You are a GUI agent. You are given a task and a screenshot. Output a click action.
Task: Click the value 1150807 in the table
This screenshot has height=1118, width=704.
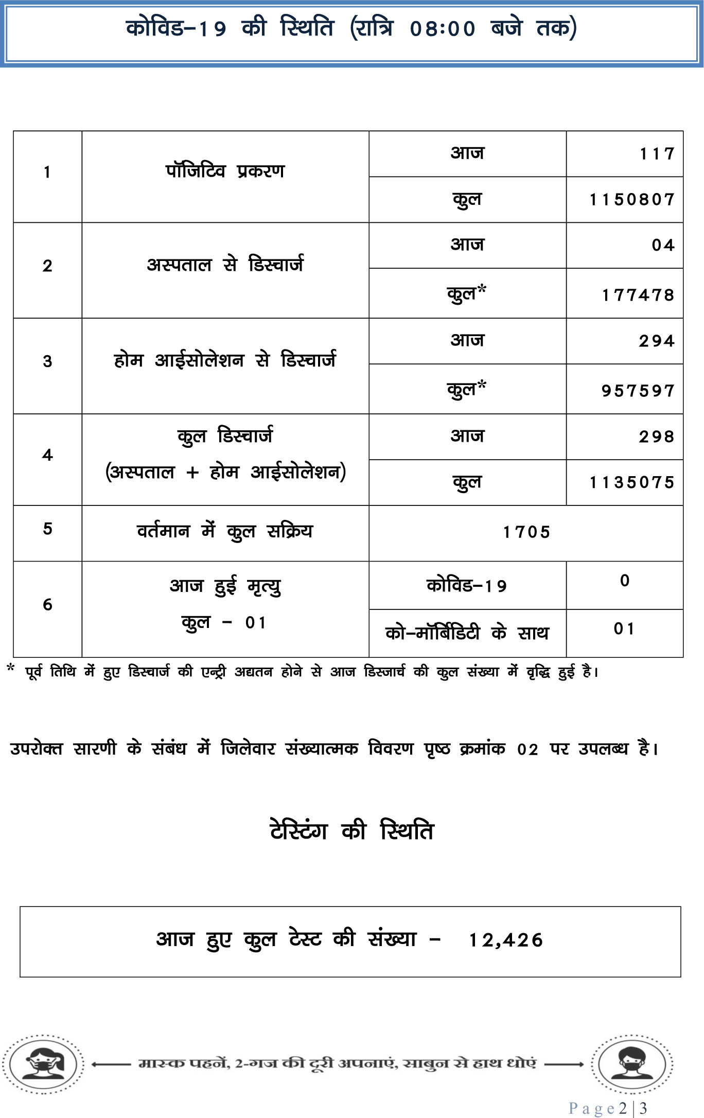631,199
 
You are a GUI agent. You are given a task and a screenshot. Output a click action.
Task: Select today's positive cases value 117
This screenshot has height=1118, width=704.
656,153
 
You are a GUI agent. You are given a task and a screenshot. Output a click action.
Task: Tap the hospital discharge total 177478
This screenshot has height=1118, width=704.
638,295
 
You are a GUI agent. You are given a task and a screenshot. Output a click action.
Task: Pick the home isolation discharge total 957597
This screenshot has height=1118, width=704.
638,391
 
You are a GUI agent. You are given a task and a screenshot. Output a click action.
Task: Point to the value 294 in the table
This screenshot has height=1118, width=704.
656,341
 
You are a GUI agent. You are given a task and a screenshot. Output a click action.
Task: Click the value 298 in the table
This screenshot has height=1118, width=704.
656,436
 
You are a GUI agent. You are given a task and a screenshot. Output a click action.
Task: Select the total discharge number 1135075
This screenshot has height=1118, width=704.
631,482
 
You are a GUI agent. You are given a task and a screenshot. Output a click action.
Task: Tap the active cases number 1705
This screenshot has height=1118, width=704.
526,532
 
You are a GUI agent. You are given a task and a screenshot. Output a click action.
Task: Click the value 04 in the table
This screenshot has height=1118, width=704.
663,245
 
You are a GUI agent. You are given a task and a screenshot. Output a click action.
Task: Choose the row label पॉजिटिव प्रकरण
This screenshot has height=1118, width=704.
225,171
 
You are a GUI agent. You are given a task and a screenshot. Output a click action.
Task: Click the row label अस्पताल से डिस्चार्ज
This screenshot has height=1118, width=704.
225,265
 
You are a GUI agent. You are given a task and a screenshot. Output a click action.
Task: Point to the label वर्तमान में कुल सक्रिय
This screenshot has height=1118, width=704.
225,531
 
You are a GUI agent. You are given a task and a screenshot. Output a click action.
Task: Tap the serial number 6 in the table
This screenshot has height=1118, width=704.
47,605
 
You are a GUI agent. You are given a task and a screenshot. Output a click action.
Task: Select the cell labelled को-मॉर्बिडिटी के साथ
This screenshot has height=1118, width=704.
467,633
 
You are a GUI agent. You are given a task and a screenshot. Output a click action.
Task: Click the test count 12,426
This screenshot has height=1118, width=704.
505,940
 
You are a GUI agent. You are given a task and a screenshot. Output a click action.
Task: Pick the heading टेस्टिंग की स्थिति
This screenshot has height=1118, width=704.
352,831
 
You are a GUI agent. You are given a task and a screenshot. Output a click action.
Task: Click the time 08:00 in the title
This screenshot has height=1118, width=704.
443,29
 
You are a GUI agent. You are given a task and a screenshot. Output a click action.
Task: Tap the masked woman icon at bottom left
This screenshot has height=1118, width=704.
43,1063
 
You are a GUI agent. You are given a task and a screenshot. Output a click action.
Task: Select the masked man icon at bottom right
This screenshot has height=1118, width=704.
631,1063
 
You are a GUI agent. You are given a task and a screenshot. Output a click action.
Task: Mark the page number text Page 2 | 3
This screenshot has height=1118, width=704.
608,1108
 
